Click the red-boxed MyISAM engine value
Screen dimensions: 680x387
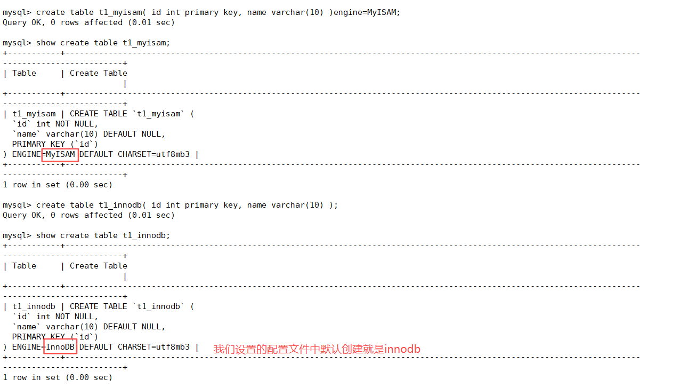tap(60, 154)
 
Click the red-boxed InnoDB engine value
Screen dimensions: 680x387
tap(60, 347)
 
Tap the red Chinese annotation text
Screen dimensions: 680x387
tap(317, 349)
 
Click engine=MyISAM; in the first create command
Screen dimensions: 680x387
tap(367, 12)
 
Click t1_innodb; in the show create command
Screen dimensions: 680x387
tap(147, 235)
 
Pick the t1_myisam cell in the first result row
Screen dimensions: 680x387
tap(34, 114)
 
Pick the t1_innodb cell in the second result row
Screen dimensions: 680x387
tap(34, 306)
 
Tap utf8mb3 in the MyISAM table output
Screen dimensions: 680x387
tap(173, 154)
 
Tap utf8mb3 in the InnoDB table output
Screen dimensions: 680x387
tap(173, 347)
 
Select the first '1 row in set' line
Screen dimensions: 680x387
tap(58, 185)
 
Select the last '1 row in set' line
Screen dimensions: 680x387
tap(58, 377)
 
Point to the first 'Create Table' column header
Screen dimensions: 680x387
tap(99, 73)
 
